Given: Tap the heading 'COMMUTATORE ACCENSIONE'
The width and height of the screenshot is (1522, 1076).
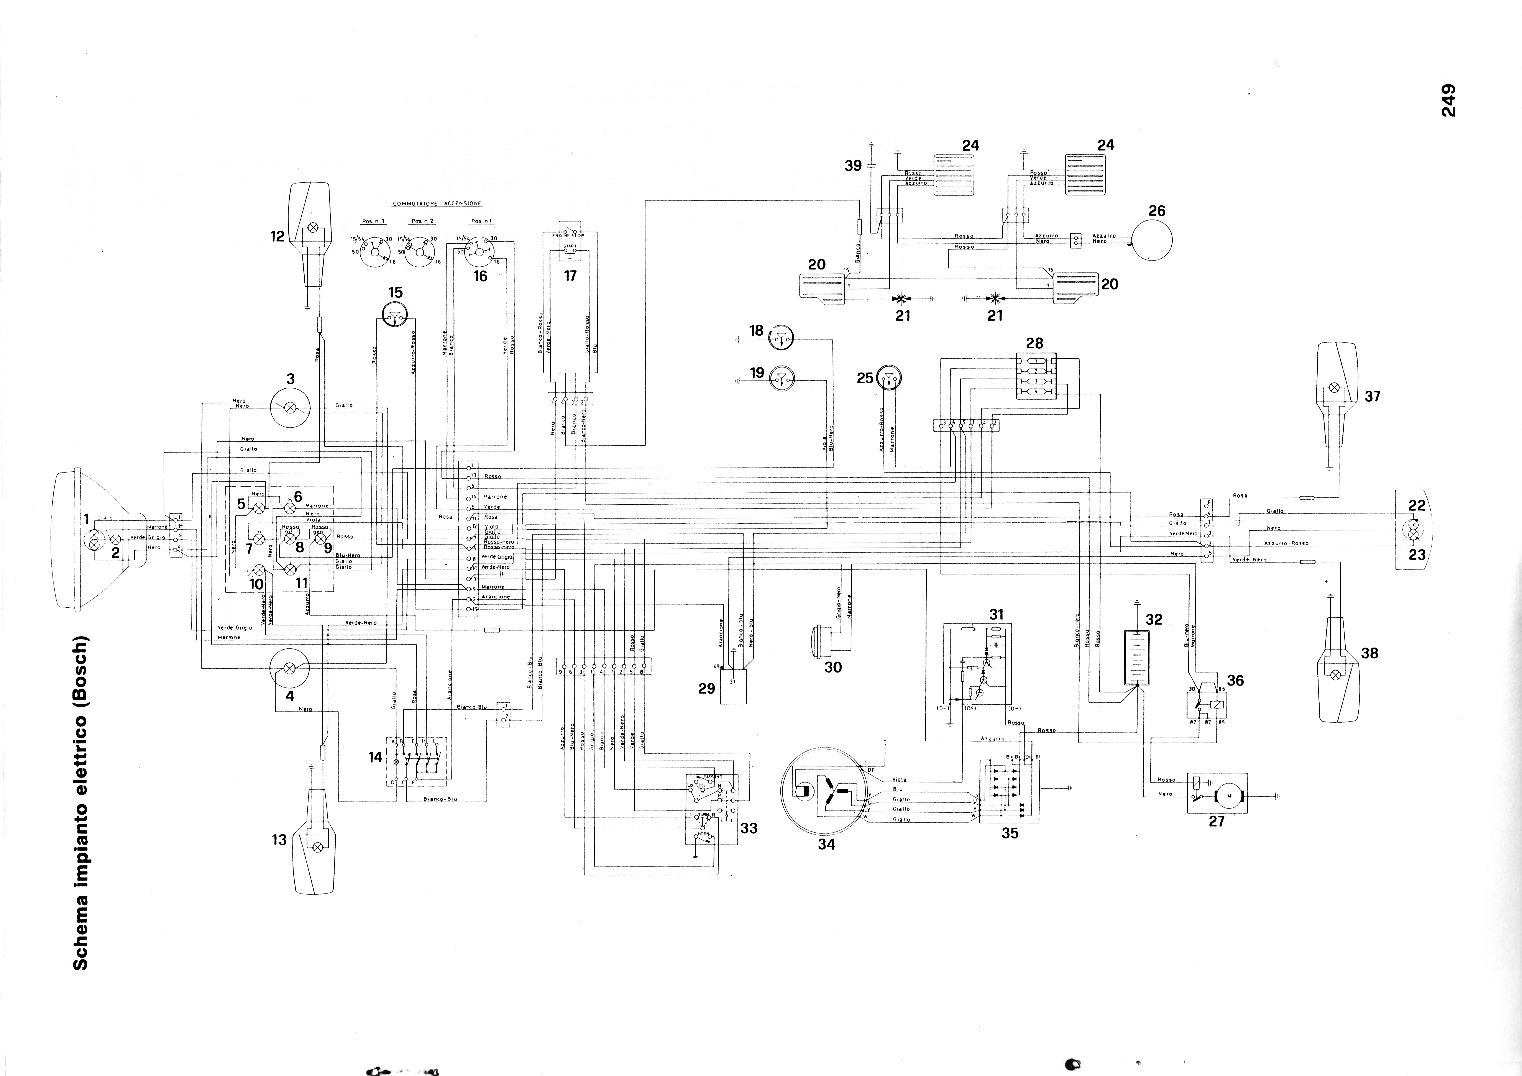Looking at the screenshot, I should tap(437, 203).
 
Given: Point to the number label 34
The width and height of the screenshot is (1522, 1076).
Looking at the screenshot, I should tap(826, 844).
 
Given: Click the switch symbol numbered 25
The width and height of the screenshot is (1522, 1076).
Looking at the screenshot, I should tap(890, 379).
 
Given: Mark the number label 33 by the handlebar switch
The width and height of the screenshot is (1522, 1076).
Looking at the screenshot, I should tap(748, 828).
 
